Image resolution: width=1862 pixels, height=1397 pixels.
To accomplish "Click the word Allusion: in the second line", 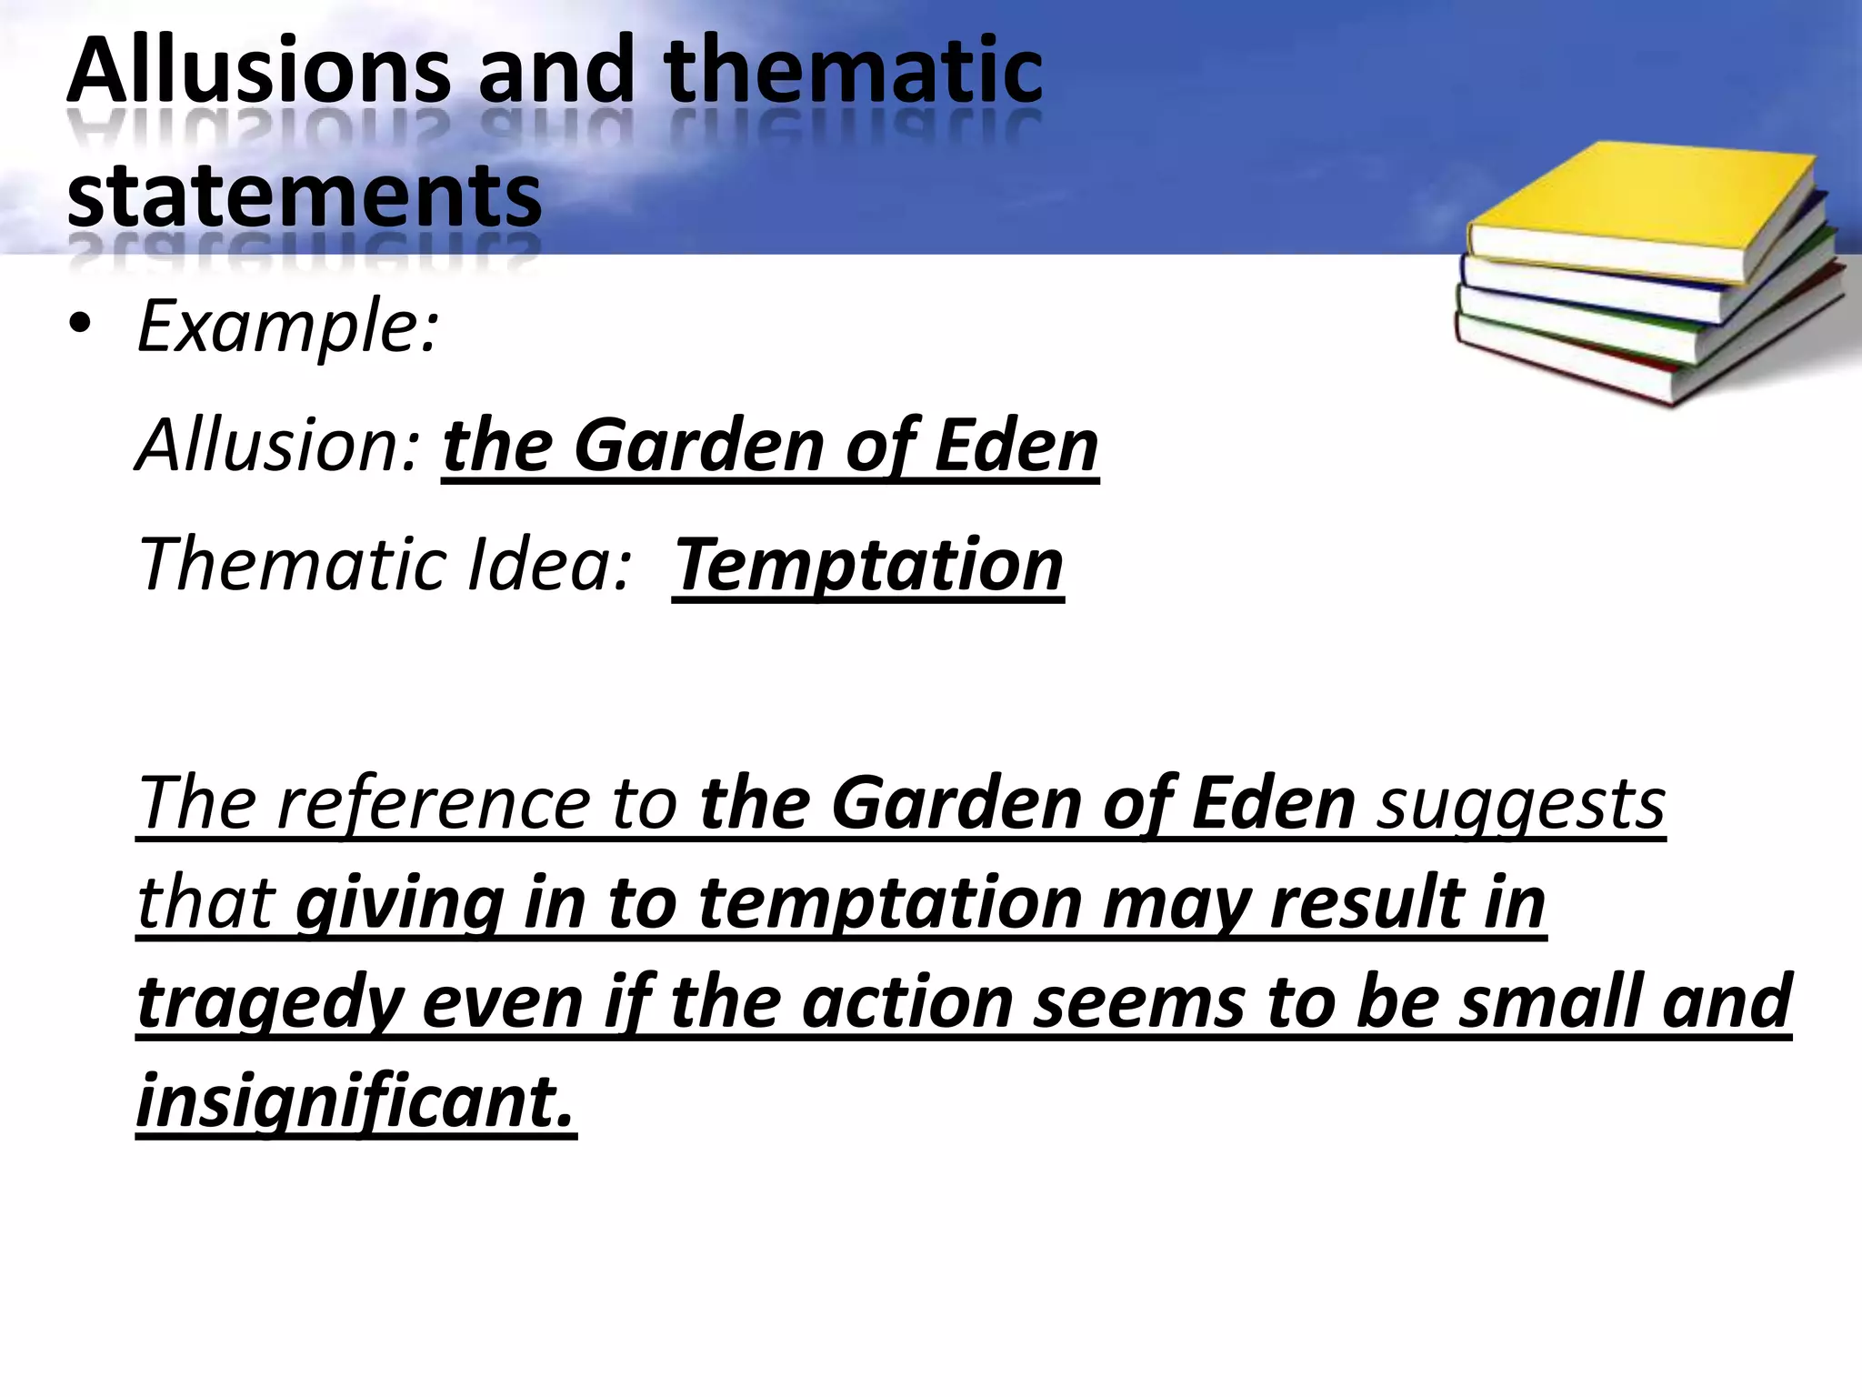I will [276, 446].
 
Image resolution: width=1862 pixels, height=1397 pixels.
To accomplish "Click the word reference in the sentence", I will [433, 802].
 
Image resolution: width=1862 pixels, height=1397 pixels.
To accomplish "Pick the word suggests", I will [1520, 802].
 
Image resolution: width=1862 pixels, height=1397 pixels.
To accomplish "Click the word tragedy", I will [269, 1001].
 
